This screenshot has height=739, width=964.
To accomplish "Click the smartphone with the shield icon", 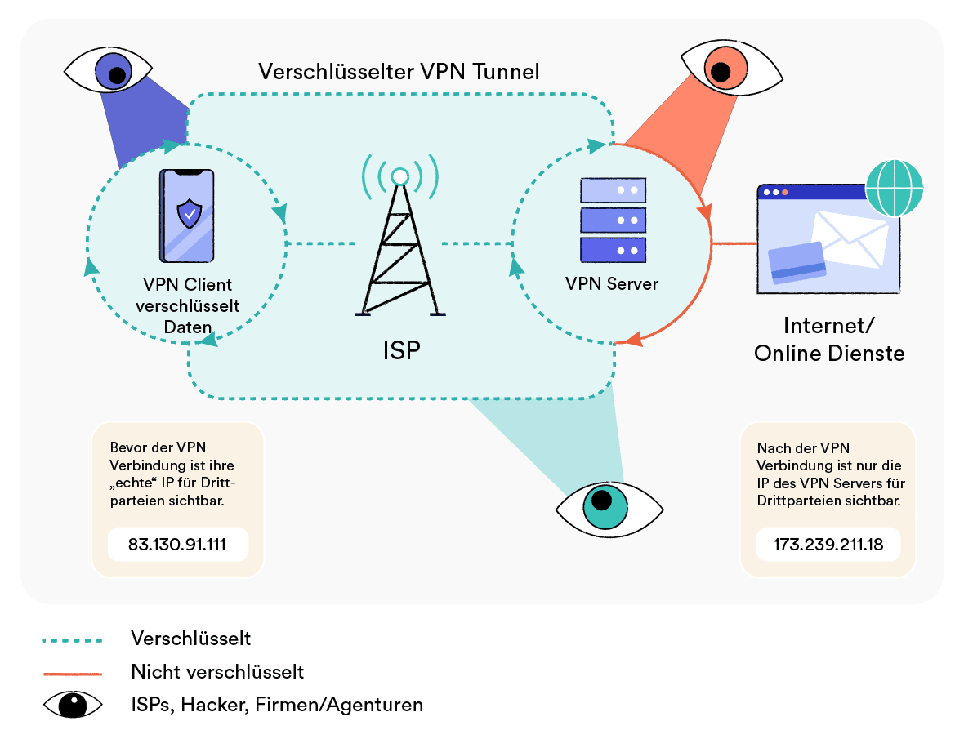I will [x=188, y=216].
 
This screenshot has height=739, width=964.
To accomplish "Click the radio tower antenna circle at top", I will [x=399, y=176].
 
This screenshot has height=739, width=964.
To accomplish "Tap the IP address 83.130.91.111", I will [x=178, y=545].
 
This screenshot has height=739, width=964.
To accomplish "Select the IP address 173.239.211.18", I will [x=828, y=545].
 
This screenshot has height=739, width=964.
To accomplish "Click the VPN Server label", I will [x=612, y=284].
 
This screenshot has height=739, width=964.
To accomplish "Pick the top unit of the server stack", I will [x=613, y=190].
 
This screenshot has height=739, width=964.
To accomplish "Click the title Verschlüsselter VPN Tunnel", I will [x=399, y=71].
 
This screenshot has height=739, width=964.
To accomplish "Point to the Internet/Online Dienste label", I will [x=829, y=340].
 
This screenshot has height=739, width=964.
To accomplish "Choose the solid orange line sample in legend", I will [x=73, y=673].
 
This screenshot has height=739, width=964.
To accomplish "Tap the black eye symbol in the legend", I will [x=73, y=704].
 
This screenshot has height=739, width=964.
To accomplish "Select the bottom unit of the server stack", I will [x=613, y=249].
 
